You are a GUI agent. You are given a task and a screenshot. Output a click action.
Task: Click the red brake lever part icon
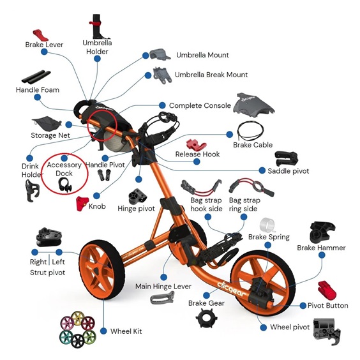[x=40, y=35]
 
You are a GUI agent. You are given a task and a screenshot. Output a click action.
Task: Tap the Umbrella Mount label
[x=202, y=55]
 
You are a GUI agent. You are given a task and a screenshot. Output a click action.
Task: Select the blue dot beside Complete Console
[x=162, y=105]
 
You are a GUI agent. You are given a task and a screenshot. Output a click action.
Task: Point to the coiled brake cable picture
[x=250, y=130]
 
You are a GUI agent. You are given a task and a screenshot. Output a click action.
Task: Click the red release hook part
[x=196, y=144]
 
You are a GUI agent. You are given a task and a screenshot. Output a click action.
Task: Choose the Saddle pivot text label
[x=288, y=171]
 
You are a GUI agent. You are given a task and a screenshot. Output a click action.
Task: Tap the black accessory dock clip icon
[x=64, y=185]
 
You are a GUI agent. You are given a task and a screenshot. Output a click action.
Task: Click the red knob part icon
[x=82, y=203]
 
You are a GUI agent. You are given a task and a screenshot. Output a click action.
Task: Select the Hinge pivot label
[x=136, y=209]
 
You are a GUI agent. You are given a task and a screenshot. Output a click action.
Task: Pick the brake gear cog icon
[x=206, y=318]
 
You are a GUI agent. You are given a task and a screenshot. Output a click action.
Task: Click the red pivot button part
[x=326, y=290]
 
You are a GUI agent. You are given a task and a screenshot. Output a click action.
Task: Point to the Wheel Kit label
[x=126, y=331]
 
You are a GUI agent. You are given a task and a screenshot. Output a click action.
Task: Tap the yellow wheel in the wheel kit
[x=78, y=318]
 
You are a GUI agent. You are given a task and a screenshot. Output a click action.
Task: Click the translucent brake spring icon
[x=267, y=225]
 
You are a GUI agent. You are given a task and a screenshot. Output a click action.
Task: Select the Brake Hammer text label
[x=321, y=248]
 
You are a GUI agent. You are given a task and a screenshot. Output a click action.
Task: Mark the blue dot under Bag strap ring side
[x=244, y=217]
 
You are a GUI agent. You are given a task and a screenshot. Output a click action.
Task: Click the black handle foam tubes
[x=36, y=77]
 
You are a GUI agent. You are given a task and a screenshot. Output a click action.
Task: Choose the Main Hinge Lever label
[x=163, y=287]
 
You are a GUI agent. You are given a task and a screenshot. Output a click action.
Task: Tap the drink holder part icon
[x=32, y=191]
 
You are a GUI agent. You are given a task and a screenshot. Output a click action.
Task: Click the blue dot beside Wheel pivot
[x=264, y=327]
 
